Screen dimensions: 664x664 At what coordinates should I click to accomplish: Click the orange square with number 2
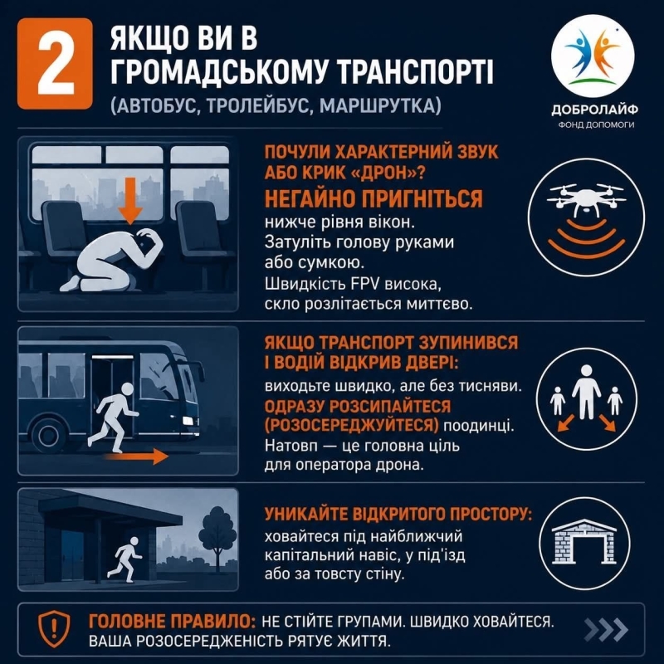click(x=55, y=64)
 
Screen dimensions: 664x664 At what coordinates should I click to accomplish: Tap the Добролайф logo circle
click(x=593, y=56)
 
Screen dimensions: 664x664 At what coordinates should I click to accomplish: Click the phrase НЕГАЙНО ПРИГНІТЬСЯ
click(x=373, y=198)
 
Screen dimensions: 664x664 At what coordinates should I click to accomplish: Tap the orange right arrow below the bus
click(x=136, y=456)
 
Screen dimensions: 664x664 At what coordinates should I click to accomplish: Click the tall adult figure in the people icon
click(x=587, y=392)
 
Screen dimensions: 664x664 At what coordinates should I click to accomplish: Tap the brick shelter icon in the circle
click(x=585, y=541)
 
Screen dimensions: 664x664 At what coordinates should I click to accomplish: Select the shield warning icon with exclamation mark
click(x=54, y=629)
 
